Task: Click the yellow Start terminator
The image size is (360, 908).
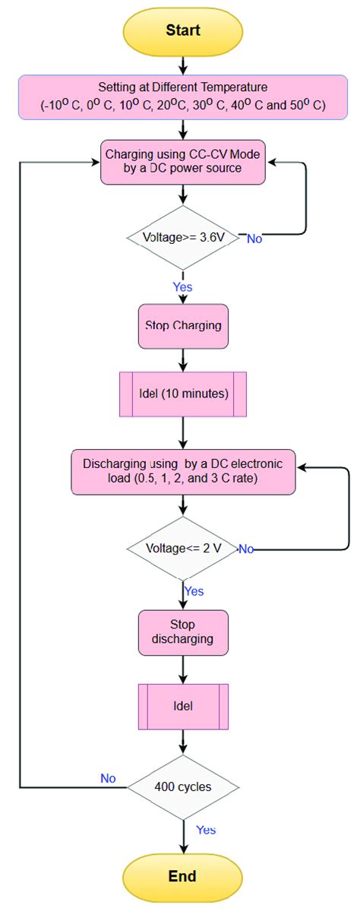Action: click(183, 30)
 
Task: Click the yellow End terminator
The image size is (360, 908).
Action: click(183, 876)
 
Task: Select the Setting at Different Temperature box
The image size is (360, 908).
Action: click(183, 98)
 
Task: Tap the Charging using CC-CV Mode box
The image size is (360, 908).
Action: click(183, 161)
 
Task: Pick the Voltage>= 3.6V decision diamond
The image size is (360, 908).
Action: click(183, 237)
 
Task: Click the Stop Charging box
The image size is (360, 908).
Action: click(183, 325)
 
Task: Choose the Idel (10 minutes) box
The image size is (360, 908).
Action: click(183, 394)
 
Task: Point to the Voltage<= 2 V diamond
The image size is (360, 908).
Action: click(183, 548)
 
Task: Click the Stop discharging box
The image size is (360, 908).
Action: click(183, 632)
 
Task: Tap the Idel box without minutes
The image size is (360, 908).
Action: click(183, 706)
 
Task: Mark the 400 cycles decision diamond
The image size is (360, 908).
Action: click(183, 786)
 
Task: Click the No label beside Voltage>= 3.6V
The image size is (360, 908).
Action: click(255, 239)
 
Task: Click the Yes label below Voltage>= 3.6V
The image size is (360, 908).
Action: click(183, 287)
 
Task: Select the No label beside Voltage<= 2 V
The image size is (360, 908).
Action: click(246, 549)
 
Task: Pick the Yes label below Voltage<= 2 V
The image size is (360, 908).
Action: click(194, 591)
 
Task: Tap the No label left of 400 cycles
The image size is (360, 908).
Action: click(109, 778)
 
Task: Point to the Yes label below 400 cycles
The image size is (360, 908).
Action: click(205, 830)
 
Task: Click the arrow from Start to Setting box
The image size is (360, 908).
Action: click(183, 65)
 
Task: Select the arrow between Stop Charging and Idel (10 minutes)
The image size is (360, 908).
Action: click(183, 359)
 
